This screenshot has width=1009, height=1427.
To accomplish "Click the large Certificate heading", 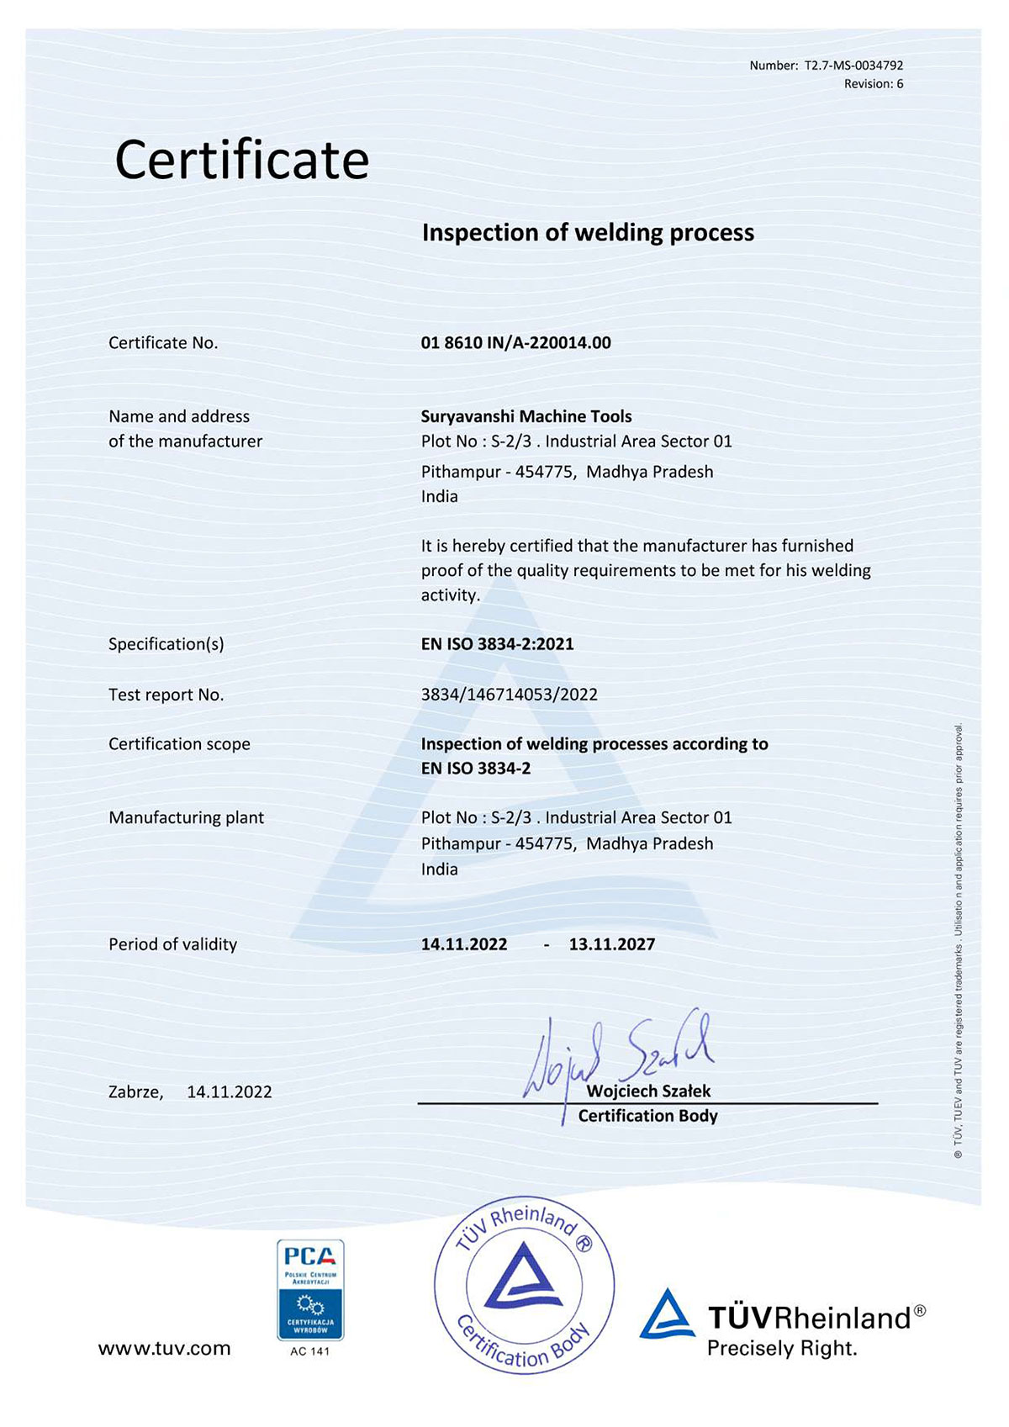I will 242,160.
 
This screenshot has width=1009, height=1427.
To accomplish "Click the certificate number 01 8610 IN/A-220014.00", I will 515,343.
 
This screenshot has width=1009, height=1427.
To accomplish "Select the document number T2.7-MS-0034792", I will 853,66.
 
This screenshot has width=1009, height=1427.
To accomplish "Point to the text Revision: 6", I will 874,84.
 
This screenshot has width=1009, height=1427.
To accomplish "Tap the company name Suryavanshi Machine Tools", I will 526,416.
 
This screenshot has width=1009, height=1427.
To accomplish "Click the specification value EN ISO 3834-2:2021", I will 497,644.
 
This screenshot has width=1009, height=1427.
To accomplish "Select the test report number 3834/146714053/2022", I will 509,695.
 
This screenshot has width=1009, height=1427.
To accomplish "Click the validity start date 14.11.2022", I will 464,944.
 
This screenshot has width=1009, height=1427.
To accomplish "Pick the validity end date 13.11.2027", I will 611,944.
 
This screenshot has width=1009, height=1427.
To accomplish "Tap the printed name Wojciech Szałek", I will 648,1091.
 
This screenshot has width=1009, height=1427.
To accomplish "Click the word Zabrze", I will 135,1092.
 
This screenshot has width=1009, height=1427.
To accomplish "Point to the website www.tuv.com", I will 164,1349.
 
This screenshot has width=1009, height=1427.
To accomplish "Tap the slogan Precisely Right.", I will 782,1349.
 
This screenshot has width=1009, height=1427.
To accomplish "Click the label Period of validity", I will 172,944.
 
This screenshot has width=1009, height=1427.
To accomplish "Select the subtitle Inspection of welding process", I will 588,233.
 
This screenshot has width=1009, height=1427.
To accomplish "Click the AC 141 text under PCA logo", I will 310,1351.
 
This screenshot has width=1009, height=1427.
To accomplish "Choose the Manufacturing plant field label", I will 186,817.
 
